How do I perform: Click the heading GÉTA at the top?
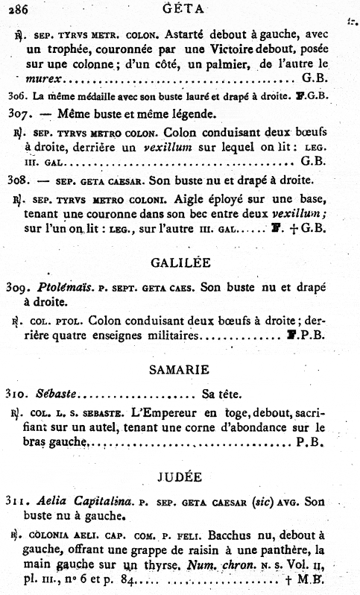[x=178, y=9]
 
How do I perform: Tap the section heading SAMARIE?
[x=178, y=369]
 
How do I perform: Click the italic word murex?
[x=42, y=78]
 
